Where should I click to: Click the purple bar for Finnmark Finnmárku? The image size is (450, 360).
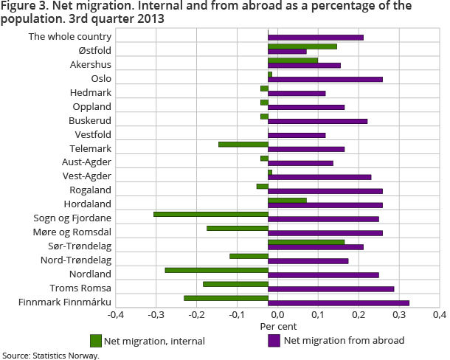(338, 303)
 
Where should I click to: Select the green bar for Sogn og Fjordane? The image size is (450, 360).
(210, 214)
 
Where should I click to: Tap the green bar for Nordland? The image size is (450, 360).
(216, 270)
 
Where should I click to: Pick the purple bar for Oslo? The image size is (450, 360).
(325, 79)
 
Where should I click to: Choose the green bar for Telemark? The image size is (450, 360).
(243, 144)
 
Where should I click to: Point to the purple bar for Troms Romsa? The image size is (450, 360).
(330, 289)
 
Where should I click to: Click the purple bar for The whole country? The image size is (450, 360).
(315, 37)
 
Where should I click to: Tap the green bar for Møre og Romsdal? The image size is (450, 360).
(237, 228)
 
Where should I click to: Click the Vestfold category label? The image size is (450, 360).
(93, 134)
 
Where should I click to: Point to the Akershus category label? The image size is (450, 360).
(90, 64)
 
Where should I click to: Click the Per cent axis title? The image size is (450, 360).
(277, 326)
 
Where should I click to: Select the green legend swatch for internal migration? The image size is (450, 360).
(95, 341)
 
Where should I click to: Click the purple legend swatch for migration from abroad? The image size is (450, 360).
(274, 341)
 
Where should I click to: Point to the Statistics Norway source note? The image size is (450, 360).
(50, 355)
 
